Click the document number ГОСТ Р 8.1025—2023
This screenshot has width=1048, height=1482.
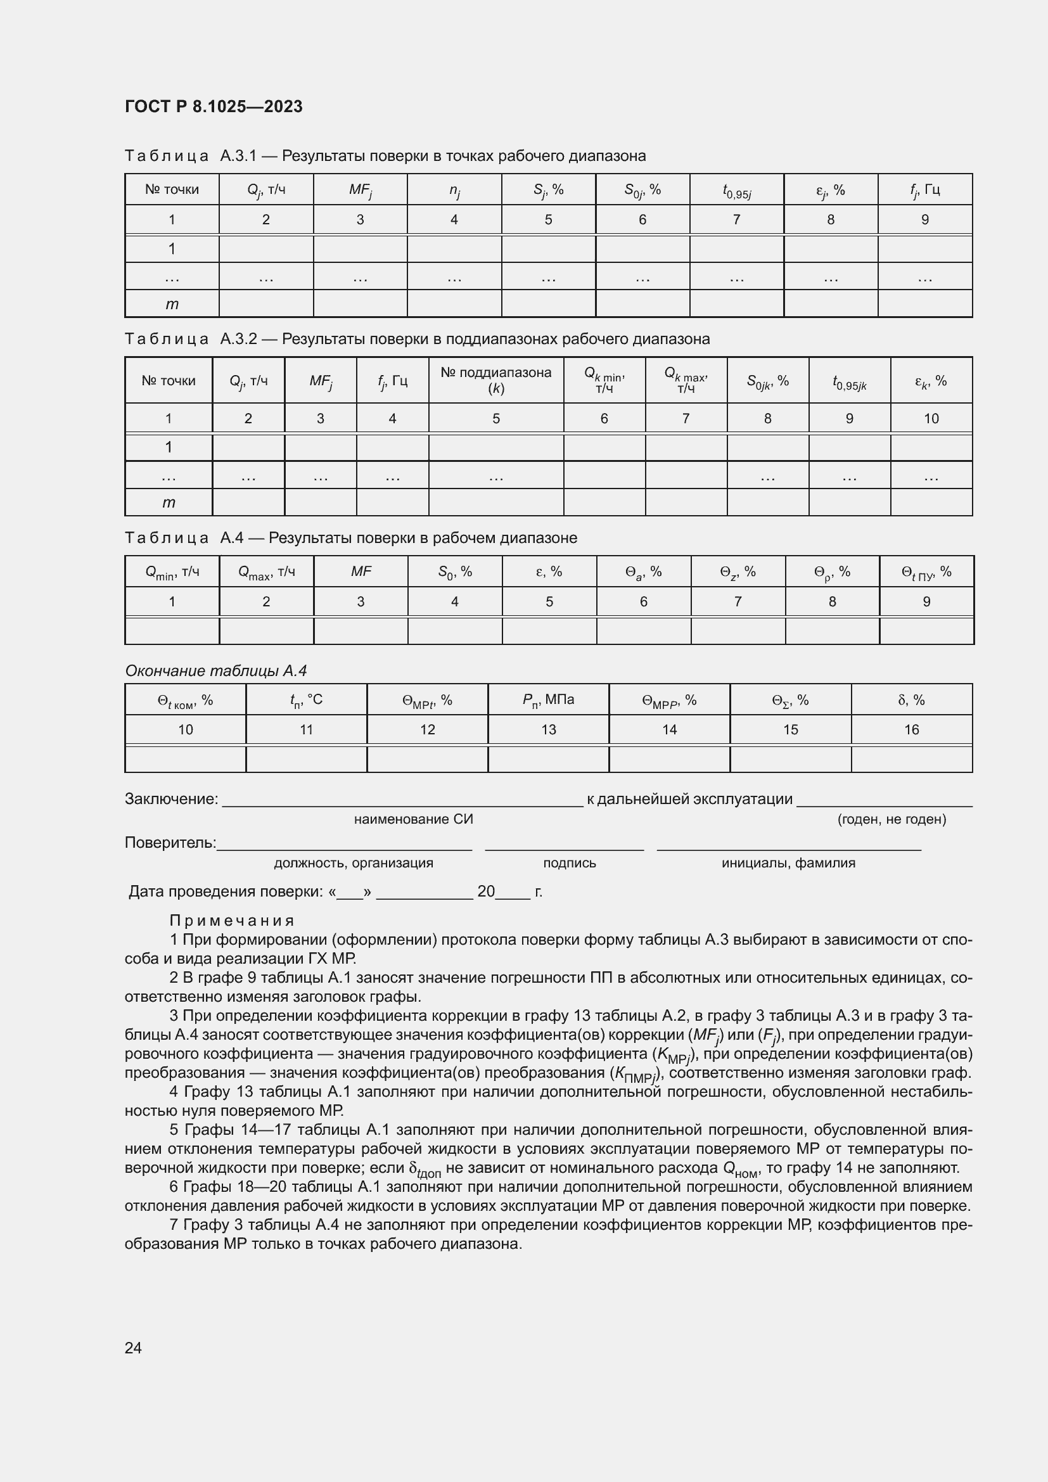(214, 106)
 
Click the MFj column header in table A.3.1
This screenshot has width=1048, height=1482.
(360, 190)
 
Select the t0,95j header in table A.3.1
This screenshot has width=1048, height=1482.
(736, 191)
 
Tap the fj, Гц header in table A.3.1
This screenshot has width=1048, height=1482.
(924, 190)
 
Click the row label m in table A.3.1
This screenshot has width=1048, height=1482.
(172, 304)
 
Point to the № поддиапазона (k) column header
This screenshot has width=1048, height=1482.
(495, 380)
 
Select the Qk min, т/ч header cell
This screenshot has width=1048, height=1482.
(604, 380)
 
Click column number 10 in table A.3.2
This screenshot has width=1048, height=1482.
(931, 418)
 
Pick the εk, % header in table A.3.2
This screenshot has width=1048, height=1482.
(931, 381)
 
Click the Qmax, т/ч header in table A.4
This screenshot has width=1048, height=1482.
(267, 572)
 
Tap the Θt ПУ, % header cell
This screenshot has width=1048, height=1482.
(926, 572)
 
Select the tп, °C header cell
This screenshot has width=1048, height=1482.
(306, 699)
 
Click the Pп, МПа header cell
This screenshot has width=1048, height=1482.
(548, 699)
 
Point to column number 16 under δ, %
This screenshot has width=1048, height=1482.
(911, 729)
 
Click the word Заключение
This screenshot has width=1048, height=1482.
(171, 799)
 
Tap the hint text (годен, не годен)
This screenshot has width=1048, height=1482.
(891, 819)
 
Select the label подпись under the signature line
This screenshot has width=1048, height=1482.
(569, 863)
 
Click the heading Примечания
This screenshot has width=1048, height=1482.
(232, 921)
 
